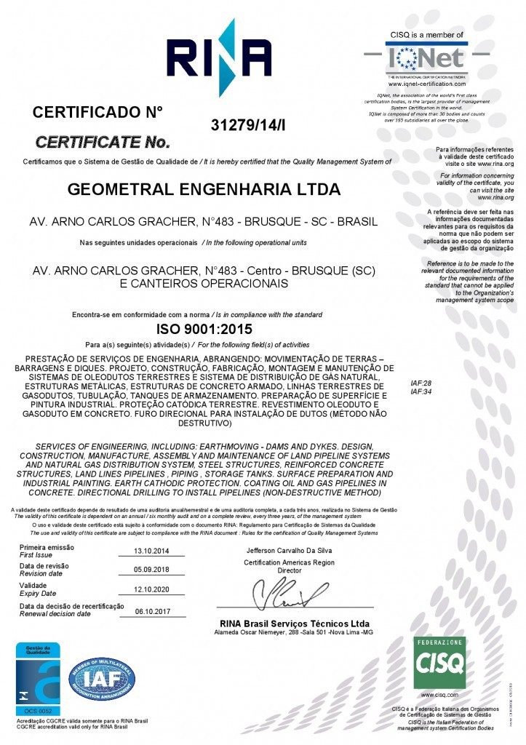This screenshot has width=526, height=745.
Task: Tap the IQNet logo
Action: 426,55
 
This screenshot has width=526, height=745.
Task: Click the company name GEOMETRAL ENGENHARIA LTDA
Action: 204,189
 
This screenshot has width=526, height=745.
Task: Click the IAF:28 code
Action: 421,383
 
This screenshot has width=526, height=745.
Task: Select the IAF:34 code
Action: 421,391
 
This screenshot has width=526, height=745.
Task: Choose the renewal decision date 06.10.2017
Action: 152,611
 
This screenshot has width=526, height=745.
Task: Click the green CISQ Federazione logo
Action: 439,663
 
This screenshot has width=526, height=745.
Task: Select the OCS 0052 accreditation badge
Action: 38,677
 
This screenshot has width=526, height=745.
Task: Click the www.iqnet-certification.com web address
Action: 426,84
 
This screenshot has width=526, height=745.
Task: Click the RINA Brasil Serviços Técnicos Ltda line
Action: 294,624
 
